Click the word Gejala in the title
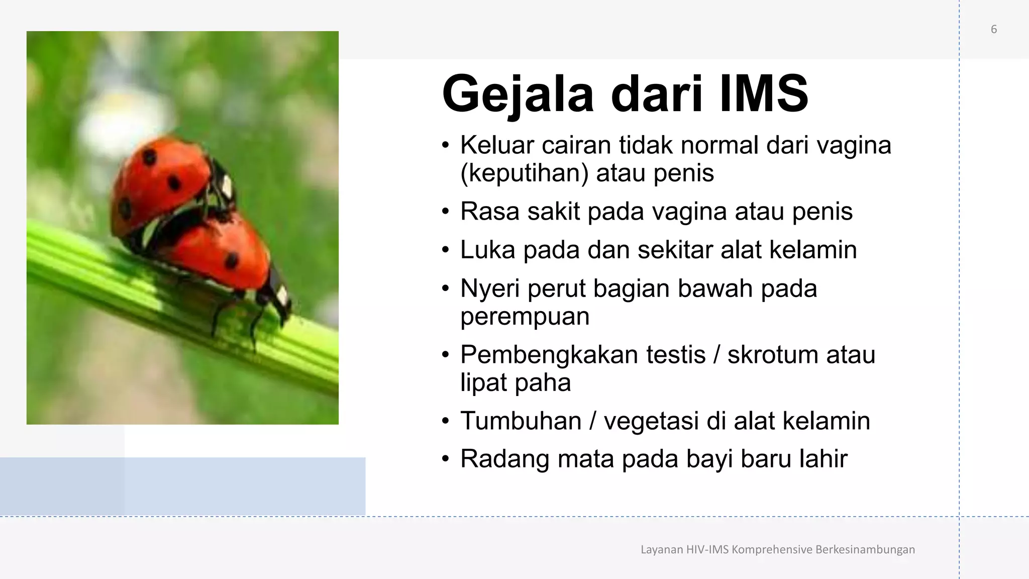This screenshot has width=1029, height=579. point(518,94)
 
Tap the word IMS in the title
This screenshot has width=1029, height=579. point(763,94)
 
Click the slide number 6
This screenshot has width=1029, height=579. point(993,29)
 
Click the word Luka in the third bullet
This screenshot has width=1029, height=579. point(487,250)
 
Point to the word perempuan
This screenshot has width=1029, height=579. point(525,316)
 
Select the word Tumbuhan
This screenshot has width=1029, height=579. point(521,421)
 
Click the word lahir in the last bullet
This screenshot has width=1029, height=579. point(821,459)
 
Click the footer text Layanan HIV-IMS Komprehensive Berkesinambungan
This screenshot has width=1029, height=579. point(777,549)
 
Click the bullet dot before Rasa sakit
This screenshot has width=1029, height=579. point(445,212)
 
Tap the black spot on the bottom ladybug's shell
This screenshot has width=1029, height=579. point(232,260)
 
